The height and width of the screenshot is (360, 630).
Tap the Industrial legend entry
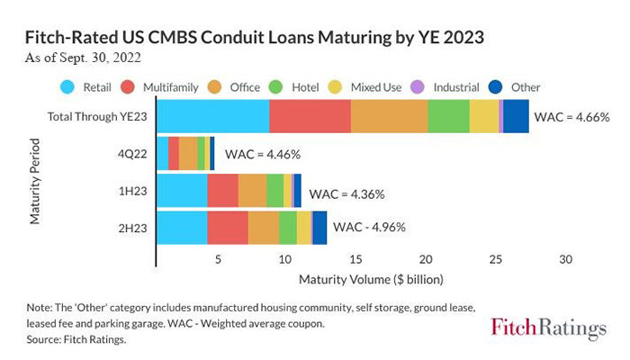coord(451,87)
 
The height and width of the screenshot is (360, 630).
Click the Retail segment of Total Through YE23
coord(212,117)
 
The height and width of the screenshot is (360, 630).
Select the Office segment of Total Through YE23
coord(389,117)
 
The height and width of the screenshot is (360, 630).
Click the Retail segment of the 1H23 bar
coord(182,191)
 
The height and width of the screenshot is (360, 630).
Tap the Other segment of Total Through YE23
coord(516,117)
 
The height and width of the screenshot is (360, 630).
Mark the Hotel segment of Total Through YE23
coord(448,117)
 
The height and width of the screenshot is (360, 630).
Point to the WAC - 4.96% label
coord(370,227)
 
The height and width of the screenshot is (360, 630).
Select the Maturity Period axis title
coord(35,180)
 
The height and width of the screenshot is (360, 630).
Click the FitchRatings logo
coord(549,328)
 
